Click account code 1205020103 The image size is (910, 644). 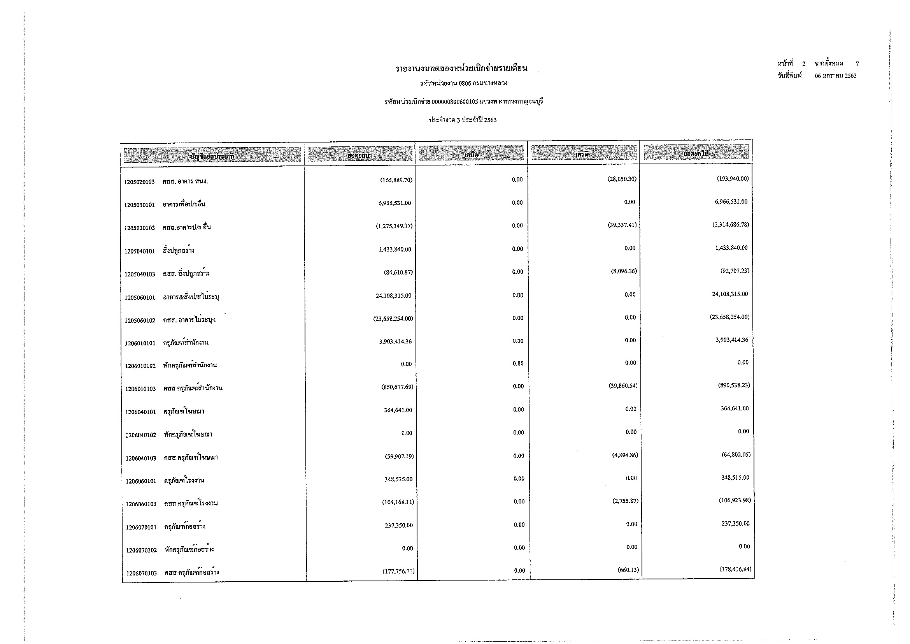139,182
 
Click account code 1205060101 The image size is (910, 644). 140,297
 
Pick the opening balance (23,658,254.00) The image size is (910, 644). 393,318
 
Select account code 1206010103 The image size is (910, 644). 140,389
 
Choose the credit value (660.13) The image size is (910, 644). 628,570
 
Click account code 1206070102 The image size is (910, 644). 142,551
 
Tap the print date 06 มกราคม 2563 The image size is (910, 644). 835,76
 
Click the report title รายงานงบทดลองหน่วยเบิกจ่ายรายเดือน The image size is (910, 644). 461,68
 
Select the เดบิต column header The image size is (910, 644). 471,154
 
